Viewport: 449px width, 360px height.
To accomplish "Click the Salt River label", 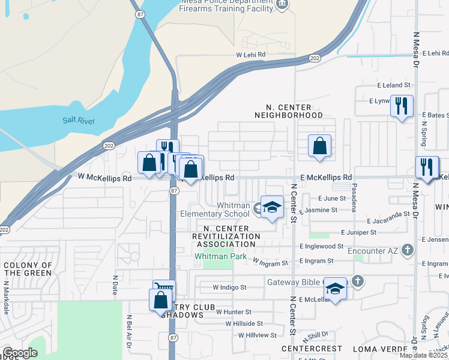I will pos(79,121).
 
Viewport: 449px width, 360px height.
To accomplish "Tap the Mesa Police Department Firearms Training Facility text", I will pos(230,5).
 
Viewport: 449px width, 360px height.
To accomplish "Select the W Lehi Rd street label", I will pos(250,55).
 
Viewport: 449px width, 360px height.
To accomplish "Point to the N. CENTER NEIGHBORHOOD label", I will pos(288,110).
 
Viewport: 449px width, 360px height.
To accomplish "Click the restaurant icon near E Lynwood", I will pos(402,107).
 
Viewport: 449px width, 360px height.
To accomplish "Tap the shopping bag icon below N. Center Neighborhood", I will pos(320,146).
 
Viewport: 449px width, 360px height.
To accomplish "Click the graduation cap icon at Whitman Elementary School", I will pos(272,207).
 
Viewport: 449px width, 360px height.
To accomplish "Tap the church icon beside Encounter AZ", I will pos(407,249).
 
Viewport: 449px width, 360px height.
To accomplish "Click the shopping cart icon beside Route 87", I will pos(164,290).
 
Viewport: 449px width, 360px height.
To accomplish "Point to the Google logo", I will pos(20,352).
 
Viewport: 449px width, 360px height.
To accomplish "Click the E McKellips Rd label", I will pos(326,178).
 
